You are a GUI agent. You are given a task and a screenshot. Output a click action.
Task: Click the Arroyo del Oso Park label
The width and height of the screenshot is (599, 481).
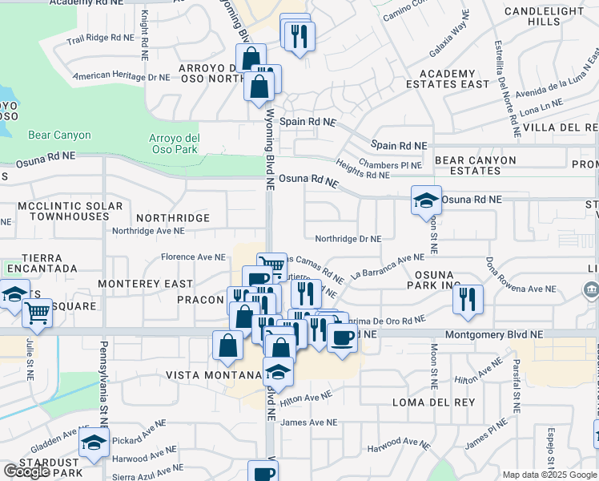coord(173,143)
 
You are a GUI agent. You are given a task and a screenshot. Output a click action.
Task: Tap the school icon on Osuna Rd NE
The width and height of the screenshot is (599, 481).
coord(426,201)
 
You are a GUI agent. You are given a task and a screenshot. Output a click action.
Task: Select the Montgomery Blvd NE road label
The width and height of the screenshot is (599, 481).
coord(493,333)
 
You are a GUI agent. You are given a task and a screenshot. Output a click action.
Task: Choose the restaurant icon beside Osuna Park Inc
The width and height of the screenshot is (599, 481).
coord(468,300)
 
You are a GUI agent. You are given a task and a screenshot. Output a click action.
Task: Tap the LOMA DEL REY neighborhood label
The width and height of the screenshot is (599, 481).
coord(434,402)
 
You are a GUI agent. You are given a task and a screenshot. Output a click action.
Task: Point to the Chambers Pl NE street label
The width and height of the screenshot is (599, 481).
coord(390,165)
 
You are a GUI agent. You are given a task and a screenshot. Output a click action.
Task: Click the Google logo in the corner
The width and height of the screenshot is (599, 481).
coord(26,471)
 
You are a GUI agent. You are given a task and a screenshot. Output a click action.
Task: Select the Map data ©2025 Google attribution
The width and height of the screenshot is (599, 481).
coord(549,475)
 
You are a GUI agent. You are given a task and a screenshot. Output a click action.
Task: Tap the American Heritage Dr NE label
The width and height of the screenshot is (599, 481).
coord(121,78)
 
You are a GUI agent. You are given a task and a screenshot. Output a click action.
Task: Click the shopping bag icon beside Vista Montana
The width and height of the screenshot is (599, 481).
coord(228,345)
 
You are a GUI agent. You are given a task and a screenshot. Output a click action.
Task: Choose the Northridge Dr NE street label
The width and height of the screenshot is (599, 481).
coord(348,239)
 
